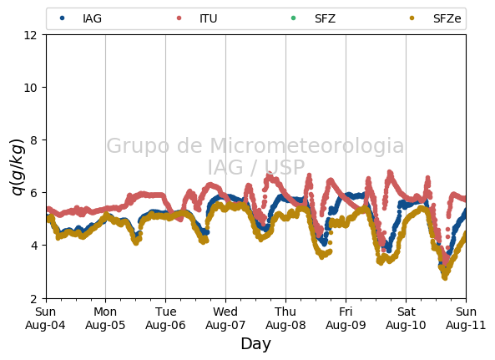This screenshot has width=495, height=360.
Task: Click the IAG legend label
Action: click(92, 18)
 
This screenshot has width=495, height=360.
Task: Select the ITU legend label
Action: click(209, 18)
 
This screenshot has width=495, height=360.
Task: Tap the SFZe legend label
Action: click(447, 18)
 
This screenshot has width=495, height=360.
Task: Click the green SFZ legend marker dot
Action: click(293, 18)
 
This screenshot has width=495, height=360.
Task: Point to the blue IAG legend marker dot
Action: click(63, 18)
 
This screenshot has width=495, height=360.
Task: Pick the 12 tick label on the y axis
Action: click(30, 35)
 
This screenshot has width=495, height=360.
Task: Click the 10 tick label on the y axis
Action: click(30, 88)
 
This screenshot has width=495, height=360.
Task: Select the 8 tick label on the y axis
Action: click(33, 140)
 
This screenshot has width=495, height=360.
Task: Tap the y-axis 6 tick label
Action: click(33, 193)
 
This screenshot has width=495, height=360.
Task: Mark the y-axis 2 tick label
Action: click(33, 298)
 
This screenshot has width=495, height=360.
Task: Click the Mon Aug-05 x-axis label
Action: click(105, 318)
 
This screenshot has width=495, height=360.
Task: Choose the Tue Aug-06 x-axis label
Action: click(165, 318)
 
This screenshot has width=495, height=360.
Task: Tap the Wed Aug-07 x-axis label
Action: click(225, 318)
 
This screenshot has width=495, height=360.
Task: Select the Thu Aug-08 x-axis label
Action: click(285, 318)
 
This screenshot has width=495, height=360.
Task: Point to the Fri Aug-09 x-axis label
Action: click(346, 318)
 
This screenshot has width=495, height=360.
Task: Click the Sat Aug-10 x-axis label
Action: click(406, 318)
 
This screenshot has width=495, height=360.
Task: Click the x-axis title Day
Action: click(255, 344)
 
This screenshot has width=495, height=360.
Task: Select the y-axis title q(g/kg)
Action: click(18, 167)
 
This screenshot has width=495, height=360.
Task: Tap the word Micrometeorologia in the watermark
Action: click(307, 146)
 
